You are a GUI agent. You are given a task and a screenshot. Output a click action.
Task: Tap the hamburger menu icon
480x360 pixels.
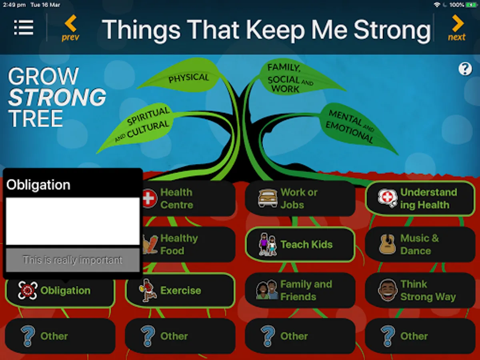click(24, 27)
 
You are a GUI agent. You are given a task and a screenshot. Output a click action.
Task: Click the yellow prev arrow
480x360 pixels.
click(71, 23)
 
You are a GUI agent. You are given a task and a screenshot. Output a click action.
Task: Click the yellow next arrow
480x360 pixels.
click(458, 23)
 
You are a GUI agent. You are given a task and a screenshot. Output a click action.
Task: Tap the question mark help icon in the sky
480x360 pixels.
click(465, 69)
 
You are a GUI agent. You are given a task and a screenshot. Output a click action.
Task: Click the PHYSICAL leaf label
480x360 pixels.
click(188, 78)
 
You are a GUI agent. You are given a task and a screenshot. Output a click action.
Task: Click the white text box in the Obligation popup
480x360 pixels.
click(73, 221)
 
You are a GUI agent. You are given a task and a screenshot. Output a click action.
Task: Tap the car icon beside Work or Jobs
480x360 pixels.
click(268, 198)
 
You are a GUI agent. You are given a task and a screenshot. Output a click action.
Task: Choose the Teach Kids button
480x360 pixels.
click(300, 244)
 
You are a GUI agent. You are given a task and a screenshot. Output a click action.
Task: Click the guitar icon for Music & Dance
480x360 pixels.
click(388, 244)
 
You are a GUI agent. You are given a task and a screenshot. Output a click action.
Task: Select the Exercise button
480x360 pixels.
click(180, 290)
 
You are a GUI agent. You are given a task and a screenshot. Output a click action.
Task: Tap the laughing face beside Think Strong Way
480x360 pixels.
click(388, 290)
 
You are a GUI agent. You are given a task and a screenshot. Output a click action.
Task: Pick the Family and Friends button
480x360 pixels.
click(300, 290)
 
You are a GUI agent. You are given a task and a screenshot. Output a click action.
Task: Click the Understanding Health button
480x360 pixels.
click(420, 198)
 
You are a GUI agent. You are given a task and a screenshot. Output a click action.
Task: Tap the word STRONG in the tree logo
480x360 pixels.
click(57, 97)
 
